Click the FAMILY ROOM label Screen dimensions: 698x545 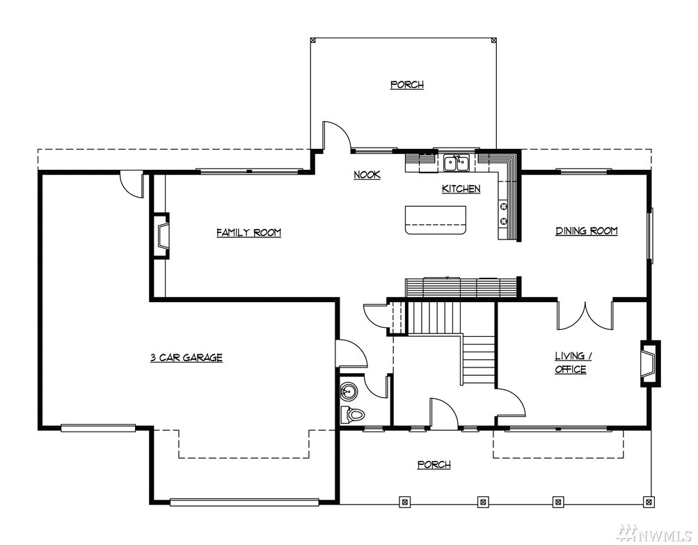pyautogui.click(x=249, y=232)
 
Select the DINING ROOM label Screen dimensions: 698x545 pyautogui.click(x=586, y=230)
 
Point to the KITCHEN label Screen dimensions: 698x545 pyautogui.click(x=461, y=189)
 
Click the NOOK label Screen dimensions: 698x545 pyautogui.click(x=367, y=175)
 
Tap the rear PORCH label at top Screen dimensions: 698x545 pyautogui.click(x=407, y=85)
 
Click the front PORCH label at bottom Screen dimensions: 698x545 pyautogui.click(x=434, y=465)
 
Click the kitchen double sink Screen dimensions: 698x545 pyautogui.click(x=457, y=162)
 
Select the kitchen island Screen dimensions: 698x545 pyautogui.click(x=436, y=220)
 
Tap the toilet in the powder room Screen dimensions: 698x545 pyautogui.click(x=353, y=415)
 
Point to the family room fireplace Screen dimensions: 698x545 pyautogui.click(x=161, y=236)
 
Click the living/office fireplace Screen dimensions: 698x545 pyautogui.click(x=650, y=363)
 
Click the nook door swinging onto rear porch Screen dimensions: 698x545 pyautogui.click(x=338, y=135)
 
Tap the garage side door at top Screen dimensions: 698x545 pyautogui.click(x=132, y=184)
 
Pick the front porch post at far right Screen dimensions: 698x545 pyautogui.click(x=649, y=501)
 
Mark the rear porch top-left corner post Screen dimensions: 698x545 pyautogui.click(x=313, y=40)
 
